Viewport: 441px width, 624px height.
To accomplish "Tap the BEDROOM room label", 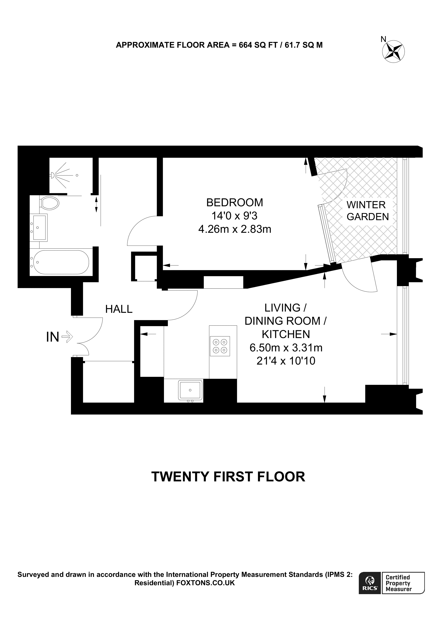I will click(x=235, y=202).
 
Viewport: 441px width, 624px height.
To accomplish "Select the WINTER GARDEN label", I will click(x=367, y=211).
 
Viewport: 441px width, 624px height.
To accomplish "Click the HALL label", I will click(x=119, y=309).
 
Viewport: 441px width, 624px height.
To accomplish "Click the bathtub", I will click(x=60, y=262).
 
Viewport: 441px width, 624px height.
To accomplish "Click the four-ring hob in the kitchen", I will click(x=220, y=346).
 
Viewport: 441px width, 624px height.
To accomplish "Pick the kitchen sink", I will click(x=190, y=390).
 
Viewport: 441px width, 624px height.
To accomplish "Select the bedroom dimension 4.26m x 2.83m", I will click(x=235, y=229).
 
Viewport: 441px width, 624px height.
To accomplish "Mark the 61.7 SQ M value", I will click(x=303, y=45).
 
